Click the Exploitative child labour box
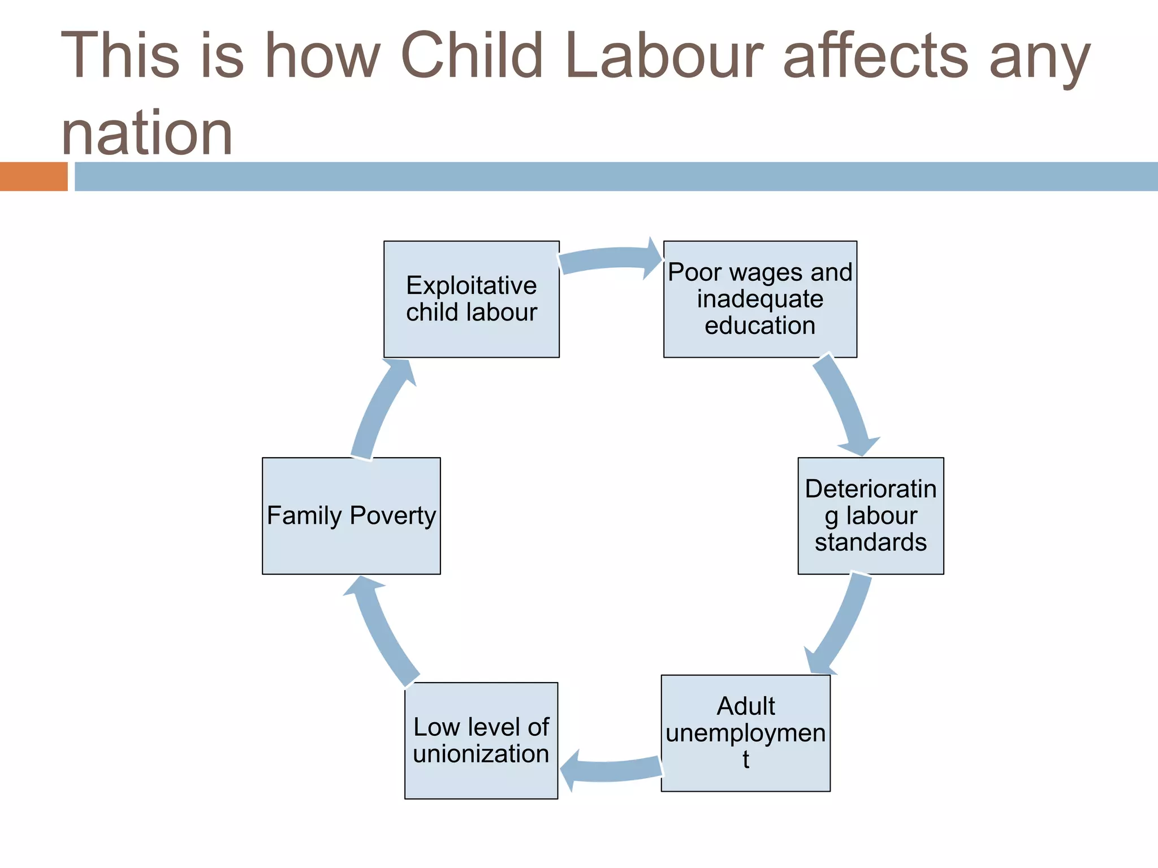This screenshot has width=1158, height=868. click(x=471, y=299)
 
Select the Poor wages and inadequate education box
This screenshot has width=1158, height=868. click(x=759, y=299)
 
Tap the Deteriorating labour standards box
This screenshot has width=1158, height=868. click(x=870, y=515)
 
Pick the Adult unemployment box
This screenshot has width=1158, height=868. click(x=745, y=733)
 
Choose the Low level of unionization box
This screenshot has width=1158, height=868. click(x=481, y=740)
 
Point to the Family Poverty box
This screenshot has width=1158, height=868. click(x=351, y=515)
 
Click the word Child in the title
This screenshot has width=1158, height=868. click(x=472, y=55)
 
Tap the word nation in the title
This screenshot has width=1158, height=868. click(x=147, y=133)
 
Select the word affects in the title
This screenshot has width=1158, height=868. click(x=876, y=55)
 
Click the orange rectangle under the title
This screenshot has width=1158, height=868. click(x=33, y=176)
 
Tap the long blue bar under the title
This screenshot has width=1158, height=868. click(x=616, y=176)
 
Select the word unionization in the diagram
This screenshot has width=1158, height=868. click(x=481, y=754)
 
